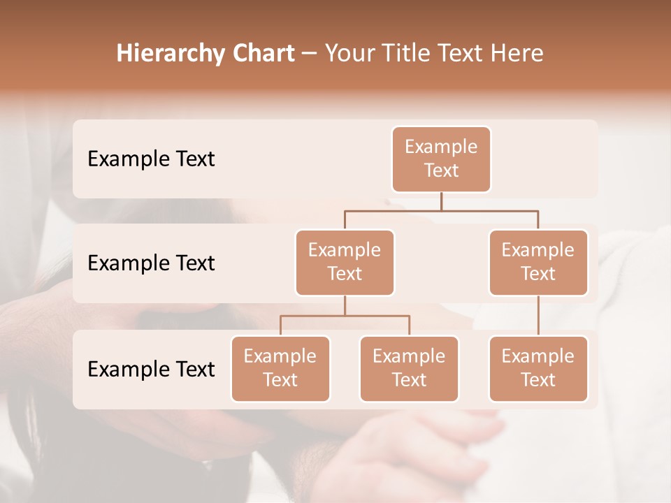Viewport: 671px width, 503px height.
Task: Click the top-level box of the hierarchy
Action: point(441,159)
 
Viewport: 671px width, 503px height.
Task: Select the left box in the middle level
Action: point(345,263)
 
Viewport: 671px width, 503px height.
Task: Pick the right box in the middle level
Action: point(538,263)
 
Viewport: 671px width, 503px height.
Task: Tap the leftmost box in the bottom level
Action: point(280,369)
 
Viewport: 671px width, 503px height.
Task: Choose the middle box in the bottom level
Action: point(409,369)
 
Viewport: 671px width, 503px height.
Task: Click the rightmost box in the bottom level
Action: point(538,369)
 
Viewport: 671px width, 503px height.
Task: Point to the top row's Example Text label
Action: point(151,159)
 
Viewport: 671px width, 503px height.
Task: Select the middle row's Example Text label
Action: point(151,263)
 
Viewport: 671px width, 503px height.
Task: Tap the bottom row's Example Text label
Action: point(151,370)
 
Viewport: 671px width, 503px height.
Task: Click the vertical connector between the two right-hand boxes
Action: point(538,316)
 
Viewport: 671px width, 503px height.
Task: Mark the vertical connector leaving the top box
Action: point(441,201)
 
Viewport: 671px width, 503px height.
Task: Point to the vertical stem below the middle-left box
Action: point(345,306)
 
